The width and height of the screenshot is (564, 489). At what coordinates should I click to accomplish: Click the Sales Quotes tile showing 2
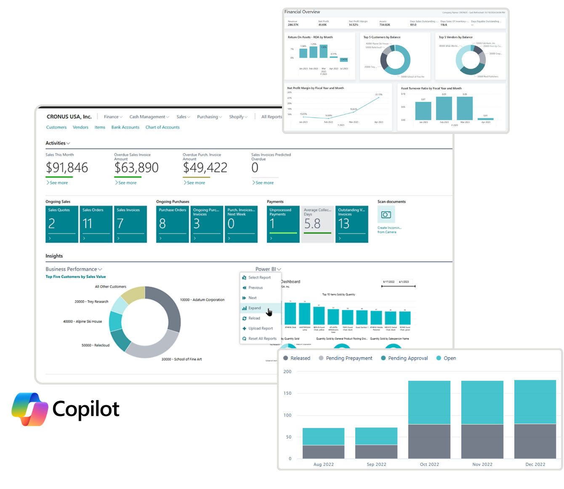pyautogui.click(x=62, y=224)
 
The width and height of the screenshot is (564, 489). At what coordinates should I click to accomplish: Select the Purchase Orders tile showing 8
pyautogui.click(x=172, y=224)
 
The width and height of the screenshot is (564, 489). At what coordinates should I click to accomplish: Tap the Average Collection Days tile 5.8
pyautogui.click(x=317, y=224)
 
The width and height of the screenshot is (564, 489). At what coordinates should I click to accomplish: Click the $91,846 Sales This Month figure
pyautogui.click(x=67, y=168)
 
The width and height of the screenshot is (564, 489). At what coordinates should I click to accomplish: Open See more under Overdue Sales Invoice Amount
pyautogui.click(x=127, y=183)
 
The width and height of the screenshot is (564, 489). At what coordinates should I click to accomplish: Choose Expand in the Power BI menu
pyautogui.click(x=254, y=308)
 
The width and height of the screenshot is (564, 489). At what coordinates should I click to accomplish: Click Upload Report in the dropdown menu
pyautogui.click(x=260, y=329)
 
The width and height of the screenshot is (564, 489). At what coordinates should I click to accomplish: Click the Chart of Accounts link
pyautogui.click(x=162, y=127)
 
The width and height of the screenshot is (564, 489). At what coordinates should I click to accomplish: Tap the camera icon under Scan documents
pyautogui.click(x=386, y=215)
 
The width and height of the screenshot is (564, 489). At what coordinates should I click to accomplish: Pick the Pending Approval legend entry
pyautogui.click(x=407, y=358)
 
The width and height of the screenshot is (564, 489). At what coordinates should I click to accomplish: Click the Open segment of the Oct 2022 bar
pyautogui.click(x=429, y=402)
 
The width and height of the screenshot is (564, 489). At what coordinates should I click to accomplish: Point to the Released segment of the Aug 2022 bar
pyautogui.click(x=323, y=452)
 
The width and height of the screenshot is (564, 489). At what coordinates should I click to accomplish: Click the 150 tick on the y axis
pyautogui.click(x=287, y=393)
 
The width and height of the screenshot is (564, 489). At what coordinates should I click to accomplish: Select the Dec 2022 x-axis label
pyautogui.click(x=535, y=465)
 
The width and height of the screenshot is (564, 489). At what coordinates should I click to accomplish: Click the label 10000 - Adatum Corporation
pyautogui.click(x=202, y=300)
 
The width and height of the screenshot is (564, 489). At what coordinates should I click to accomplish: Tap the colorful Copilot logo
pyautogui.click(x=29, y=409)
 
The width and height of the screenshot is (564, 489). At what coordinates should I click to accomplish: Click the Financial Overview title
pyautogui.click(x=302, y=12)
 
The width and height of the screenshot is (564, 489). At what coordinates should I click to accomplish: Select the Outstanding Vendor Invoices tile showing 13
pyautogui.click(x=351, y=224)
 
